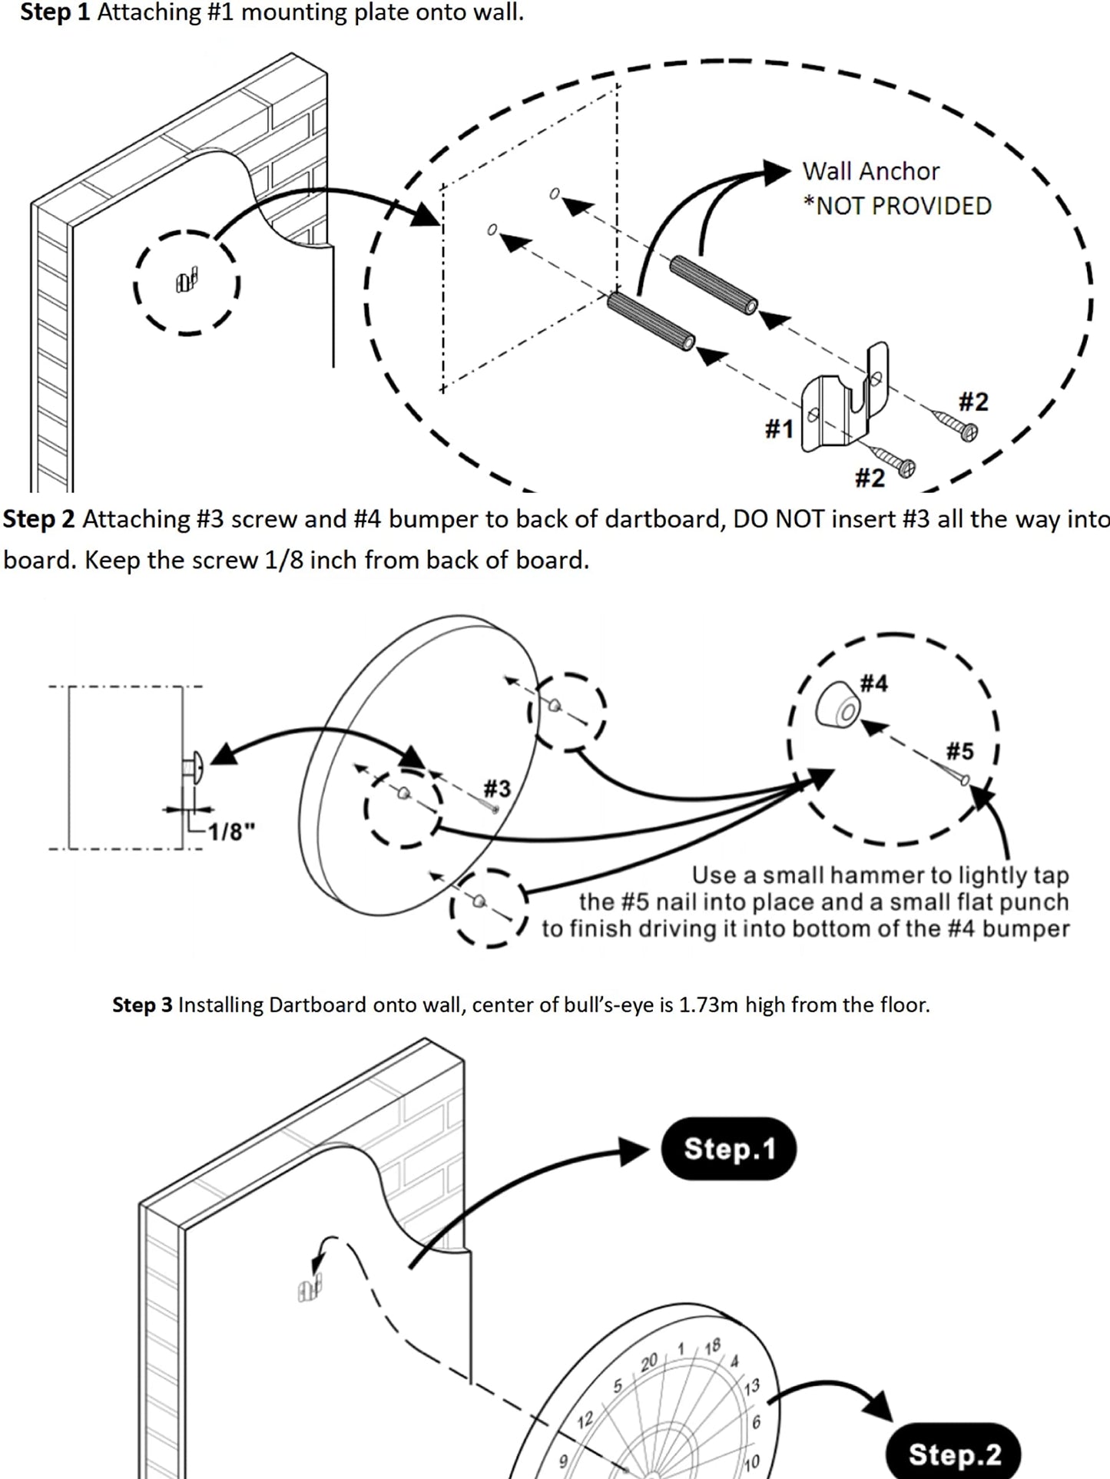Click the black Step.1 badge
tap(728, 1149)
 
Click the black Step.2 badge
tap(953, 1454)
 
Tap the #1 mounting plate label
tap(779, 428)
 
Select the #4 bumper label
tap(873, 683)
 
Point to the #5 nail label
tap(959, 750)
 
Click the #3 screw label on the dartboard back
tap(497, 788)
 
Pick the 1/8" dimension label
tap(232, 831)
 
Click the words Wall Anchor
tap(870, 171)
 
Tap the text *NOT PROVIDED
tap(897, 206)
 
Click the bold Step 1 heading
tap(55, 12)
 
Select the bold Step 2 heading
tap(38, 519)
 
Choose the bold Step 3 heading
tap(142, 1004)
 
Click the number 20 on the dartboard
tap(649, 1362)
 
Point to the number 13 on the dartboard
tap(751, 1385)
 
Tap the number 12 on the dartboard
tap(585, 1419)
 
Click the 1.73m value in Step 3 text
tap(709, 1004)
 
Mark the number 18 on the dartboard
tap(712, 1345)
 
